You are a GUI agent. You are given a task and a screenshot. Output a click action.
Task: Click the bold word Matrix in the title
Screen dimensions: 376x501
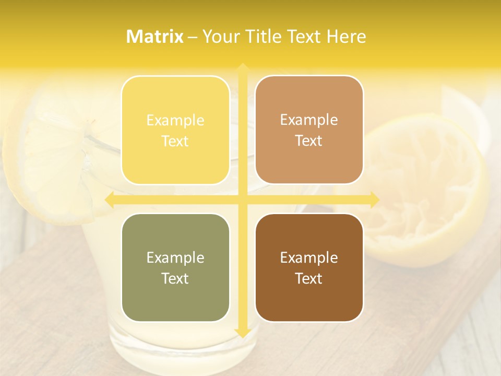(x=155, y=37)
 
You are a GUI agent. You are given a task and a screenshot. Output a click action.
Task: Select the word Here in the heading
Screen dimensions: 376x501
(x=346, y=37)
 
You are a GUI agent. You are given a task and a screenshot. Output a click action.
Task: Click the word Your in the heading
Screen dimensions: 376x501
(x=220, y=37)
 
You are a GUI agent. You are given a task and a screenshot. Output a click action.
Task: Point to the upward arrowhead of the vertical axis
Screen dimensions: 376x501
(x=242, y=68)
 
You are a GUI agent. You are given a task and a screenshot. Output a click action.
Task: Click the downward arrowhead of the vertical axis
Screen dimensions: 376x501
(x=242, y=332)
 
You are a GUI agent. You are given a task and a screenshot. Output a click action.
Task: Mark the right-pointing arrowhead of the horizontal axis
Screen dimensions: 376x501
(x=374, y=199)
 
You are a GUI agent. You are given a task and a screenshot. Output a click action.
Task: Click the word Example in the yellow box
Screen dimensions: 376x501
(x=175, y=120)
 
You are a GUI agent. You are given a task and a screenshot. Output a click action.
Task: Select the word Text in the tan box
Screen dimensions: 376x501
(x=309, y=141)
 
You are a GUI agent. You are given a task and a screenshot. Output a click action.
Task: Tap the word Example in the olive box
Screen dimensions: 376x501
(x=175, y=257)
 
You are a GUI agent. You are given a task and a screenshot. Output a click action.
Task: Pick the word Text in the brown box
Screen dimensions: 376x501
(x=309, y=278)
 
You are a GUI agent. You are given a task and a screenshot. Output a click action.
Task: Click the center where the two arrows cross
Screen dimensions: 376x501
(x=242, y=199)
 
